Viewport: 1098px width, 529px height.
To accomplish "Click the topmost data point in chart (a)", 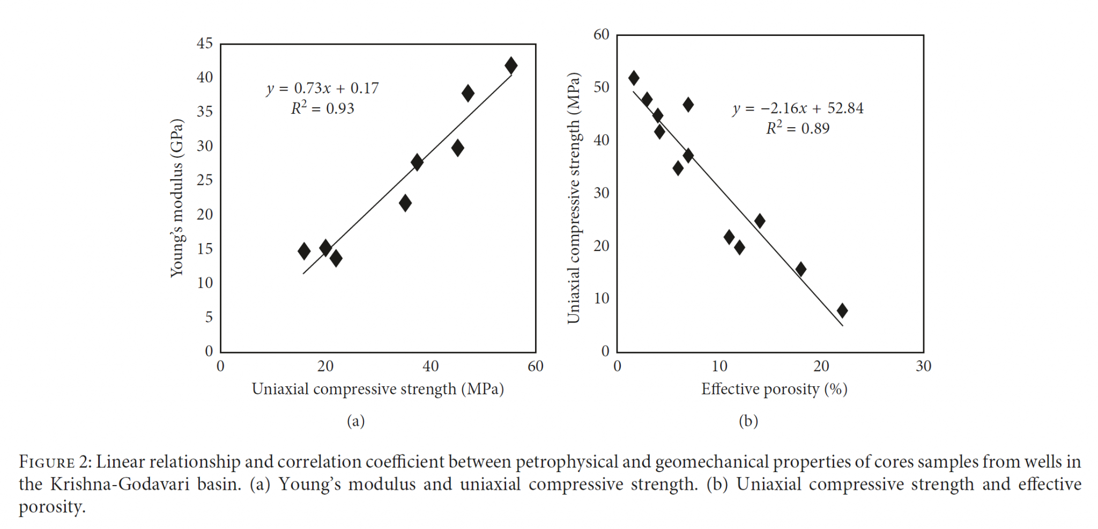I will click(511, 65).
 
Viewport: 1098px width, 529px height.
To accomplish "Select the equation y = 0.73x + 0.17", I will click(323, 88).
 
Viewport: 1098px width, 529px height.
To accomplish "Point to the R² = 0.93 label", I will click(323, 108).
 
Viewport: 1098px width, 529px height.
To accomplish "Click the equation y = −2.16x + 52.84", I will click(798, 108).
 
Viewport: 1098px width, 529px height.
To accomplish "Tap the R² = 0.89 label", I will click(798, 128).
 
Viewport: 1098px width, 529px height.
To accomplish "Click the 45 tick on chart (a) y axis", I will click(205, 43).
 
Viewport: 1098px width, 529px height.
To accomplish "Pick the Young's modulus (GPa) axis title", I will click(177, 198).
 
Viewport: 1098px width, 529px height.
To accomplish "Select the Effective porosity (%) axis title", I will click(774, 389).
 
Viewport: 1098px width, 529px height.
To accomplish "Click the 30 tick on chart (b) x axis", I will click(923, 366).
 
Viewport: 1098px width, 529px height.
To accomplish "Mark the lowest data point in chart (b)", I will click(842, 310).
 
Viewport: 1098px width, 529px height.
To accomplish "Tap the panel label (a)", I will click(356, 421).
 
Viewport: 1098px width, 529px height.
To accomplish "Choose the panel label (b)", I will click(748, 421).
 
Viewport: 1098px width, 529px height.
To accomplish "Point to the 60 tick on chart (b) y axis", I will click(602, 34).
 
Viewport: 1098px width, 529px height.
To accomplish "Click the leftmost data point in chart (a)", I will click(304, 251).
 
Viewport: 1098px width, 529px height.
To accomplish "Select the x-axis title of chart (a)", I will click(378, 389).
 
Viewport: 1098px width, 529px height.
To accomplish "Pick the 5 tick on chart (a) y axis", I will click(209, 317).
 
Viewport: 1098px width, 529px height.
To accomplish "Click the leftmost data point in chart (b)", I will click(634, 78).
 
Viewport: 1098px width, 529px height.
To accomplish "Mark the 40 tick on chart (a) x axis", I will click(431, 366).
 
